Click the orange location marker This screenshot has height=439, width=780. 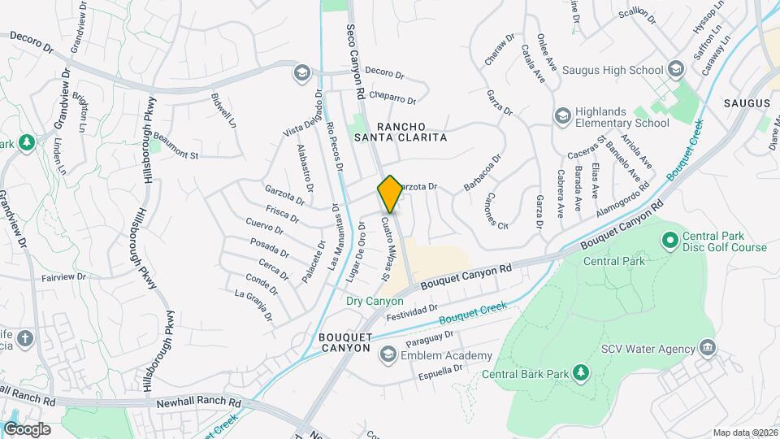[x=390, y=194]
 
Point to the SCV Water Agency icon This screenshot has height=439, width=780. [x=707, y=349]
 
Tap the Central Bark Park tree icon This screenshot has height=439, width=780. [x=580, y=373]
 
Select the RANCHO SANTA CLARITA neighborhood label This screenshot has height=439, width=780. [x=411, y=132]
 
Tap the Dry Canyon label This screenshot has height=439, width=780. [x=375, y=301]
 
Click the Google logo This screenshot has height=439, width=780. [x=27, y=428]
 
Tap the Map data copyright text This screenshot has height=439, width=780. [x=743, y=432]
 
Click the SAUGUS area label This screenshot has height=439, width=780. [x=745, y=103]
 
